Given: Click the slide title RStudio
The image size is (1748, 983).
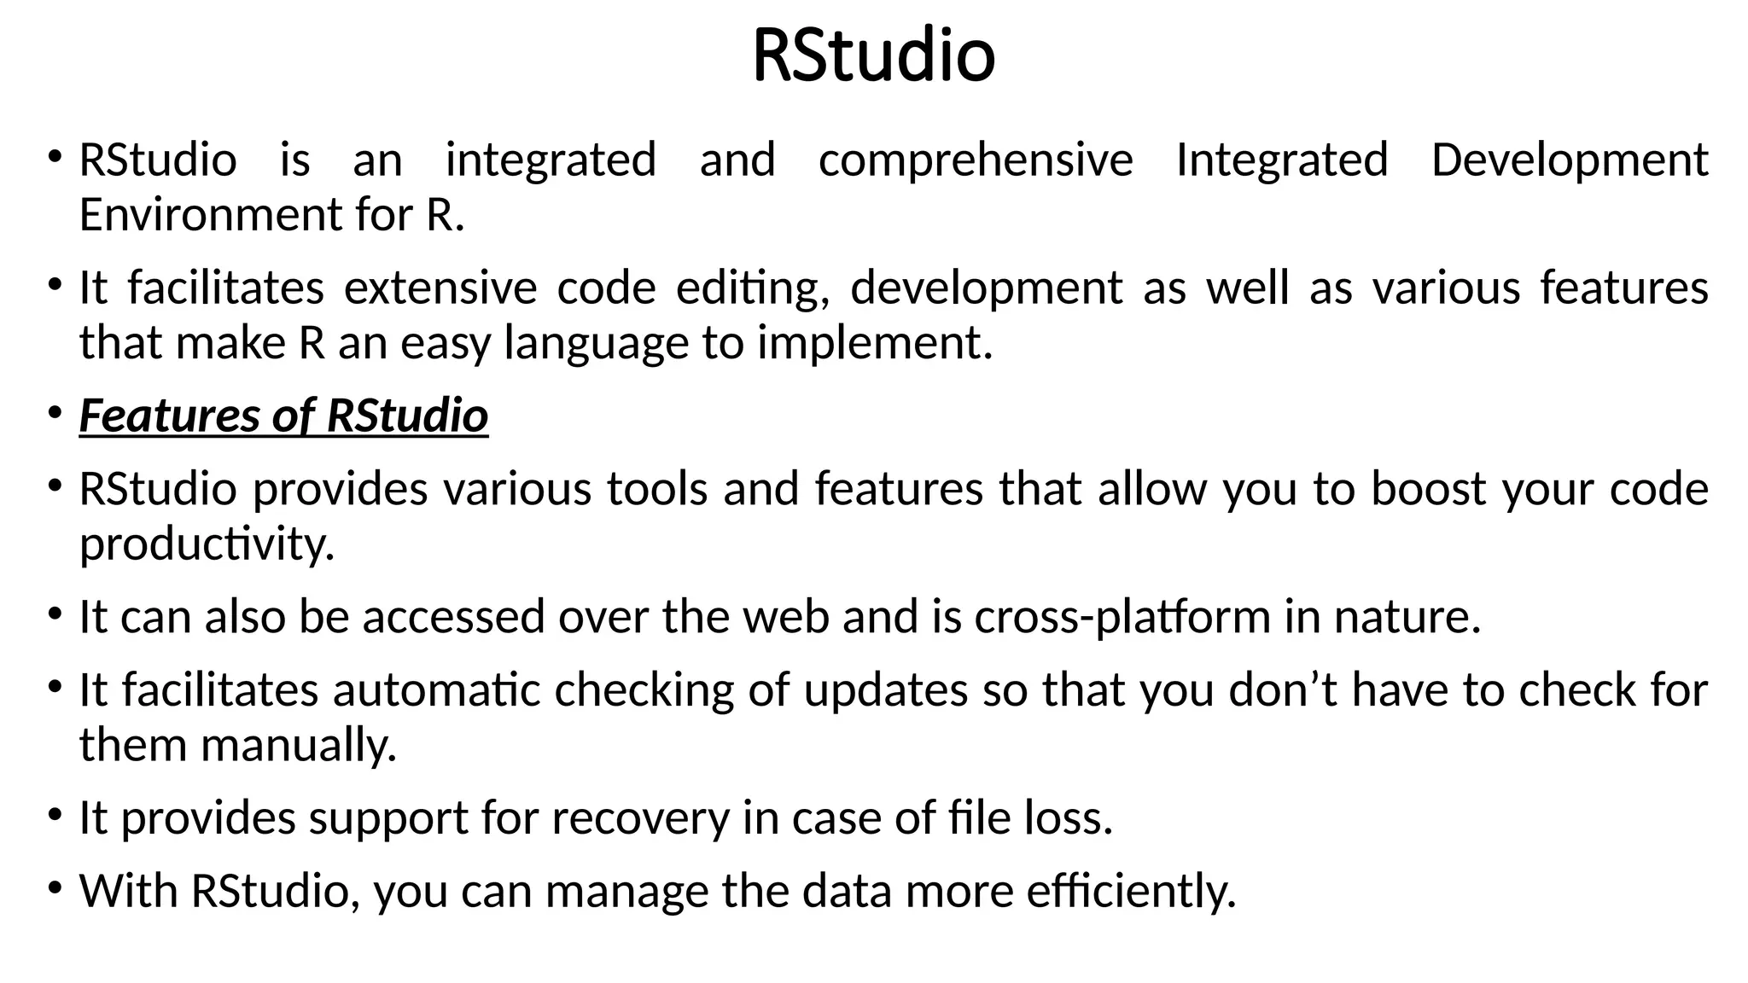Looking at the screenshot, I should tap(873, 56).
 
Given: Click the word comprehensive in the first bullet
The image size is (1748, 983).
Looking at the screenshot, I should tap(975, 160).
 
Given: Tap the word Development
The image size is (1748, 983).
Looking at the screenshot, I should tap(1569, 160).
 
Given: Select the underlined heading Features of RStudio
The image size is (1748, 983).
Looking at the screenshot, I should tap(283, 416).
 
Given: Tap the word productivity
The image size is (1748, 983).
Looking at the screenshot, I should tap(207, 544).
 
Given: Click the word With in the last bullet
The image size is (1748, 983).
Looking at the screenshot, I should tap(129, 892).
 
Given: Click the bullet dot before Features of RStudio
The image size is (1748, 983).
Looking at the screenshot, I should tap(55, 413).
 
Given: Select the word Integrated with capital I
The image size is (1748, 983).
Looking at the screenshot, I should tap(1281, 160).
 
